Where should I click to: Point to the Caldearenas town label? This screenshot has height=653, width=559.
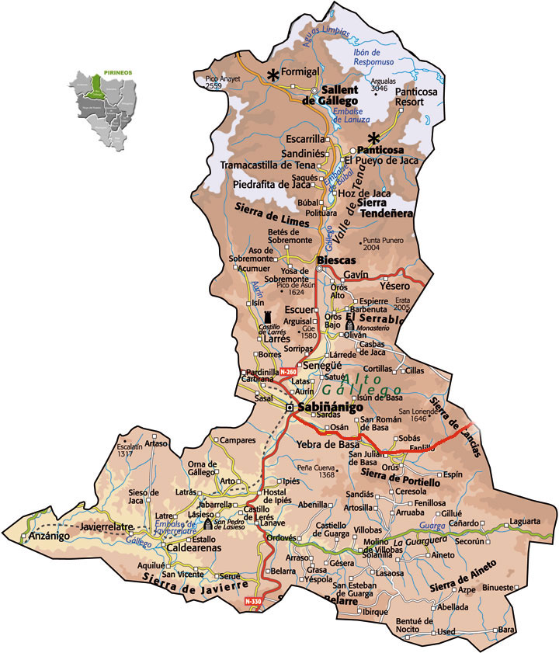[x=194, y=548]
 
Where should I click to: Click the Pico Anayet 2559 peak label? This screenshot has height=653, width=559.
[x=224, y=83]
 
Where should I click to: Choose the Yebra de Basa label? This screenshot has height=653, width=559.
[x=325, y=445]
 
